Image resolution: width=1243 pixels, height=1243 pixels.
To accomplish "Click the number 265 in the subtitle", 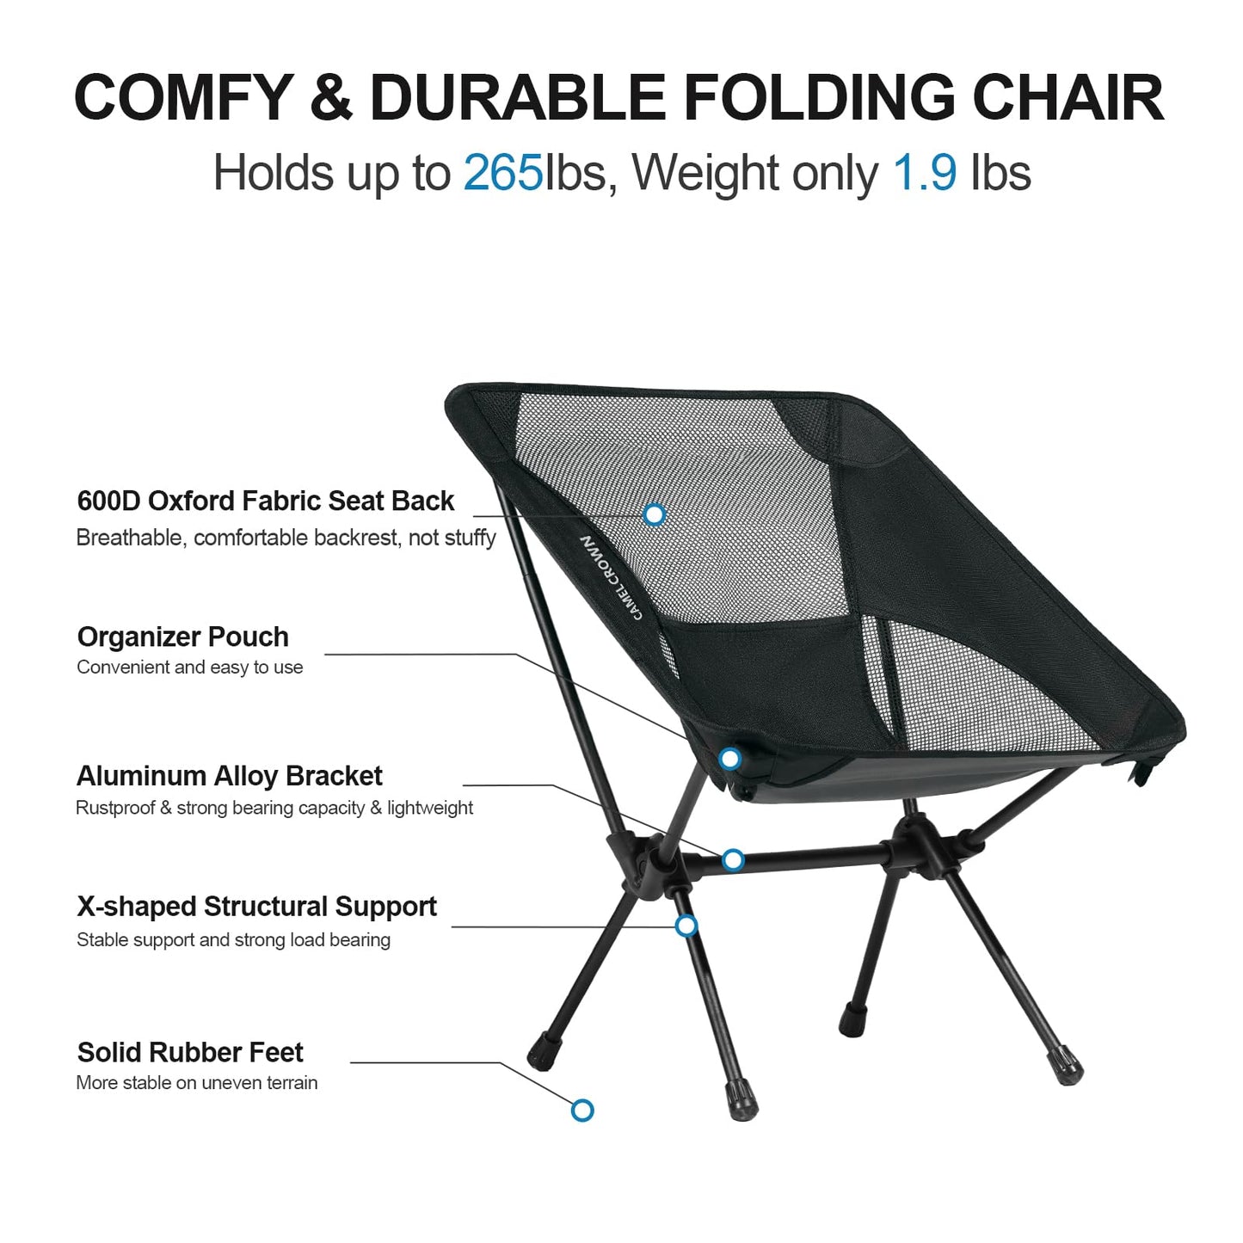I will [503, 173].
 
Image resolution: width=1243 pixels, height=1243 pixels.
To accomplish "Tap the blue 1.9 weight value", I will [925, 173].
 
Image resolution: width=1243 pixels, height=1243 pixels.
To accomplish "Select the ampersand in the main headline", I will [331, 97].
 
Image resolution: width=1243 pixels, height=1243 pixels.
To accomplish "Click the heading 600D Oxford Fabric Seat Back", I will [265, 501].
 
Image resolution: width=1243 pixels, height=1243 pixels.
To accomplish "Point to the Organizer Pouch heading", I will [182, 637].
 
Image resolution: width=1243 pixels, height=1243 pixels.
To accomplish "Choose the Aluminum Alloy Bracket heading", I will [229, 776].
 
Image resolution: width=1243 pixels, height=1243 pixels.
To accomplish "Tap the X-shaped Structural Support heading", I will [256, 907].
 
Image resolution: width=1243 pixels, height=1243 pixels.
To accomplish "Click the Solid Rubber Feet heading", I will [190, 1052].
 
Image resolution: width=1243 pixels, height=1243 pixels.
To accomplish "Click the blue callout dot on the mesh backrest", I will [655, 514].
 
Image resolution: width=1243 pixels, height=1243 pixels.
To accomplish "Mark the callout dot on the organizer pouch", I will [730, 759].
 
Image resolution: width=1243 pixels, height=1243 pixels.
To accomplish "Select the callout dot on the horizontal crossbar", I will [733, 859].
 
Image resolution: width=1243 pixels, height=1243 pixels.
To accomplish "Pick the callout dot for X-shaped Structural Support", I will [686, 926].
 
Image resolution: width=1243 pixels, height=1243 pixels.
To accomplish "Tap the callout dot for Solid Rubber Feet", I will [582, 1110].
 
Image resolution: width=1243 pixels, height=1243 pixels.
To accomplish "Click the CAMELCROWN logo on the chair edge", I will [611, 577].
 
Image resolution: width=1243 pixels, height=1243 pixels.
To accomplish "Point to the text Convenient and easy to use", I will [189, 668].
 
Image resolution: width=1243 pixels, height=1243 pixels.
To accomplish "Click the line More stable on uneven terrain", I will [196, 1083].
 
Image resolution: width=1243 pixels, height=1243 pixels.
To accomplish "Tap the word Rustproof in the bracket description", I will [115, 808].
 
